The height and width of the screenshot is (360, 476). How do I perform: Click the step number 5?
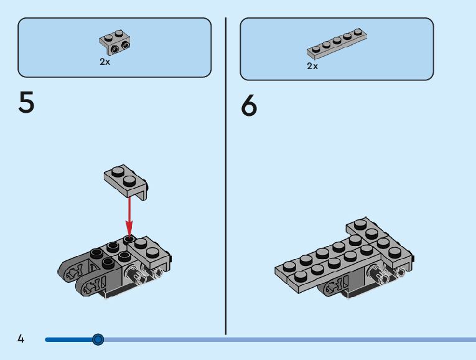tap(26, 103)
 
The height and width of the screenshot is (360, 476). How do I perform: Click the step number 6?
tap(248, 105)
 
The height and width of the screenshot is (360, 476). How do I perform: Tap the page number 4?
tap(21, 339)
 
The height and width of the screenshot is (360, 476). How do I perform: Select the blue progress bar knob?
tap(98, 339)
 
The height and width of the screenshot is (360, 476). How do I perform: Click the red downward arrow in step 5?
tap(129, 215)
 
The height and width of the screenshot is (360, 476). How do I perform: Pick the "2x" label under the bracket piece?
tap(105, 62)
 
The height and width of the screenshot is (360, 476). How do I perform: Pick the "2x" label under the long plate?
tap(312, 65)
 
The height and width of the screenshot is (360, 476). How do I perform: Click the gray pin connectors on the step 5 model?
tap(143, 273)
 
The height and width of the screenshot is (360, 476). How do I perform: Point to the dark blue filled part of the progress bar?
tap(68, 339)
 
